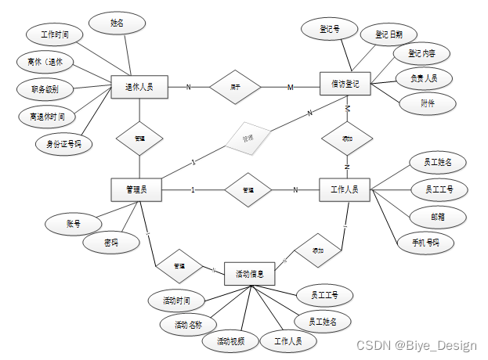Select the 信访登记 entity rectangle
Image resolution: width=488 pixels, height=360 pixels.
click(x=345, y=84)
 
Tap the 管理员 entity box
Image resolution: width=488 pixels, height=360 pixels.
click(x=139, y=189)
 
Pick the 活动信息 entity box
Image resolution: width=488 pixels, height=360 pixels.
click(x=250, y=275)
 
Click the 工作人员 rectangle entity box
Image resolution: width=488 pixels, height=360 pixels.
click(x=345, y=189)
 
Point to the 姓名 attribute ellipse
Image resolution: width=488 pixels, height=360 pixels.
click(x=116, y=23)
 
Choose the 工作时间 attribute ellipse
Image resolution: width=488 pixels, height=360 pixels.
click(x=53, y=35)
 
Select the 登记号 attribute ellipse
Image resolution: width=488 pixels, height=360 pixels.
click(x=329, y=30)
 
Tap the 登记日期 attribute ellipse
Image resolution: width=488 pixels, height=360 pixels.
click(x=389, y=35)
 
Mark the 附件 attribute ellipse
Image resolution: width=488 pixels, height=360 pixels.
click(x=427, y=103)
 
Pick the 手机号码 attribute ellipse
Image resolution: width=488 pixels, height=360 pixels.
click(x=425, y=242)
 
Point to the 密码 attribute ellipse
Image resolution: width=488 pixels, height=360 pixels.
click(x=110, y=243)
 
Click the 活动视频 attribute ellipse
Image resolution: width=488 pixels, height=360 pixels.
click(x=230, y=341)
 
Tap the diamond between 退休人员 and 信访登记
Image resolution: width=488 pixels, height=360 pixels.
click(x=234, y=87)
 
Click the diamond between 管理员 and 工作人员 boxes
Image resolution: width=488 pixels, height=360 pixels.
click(x=247, y=190)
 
